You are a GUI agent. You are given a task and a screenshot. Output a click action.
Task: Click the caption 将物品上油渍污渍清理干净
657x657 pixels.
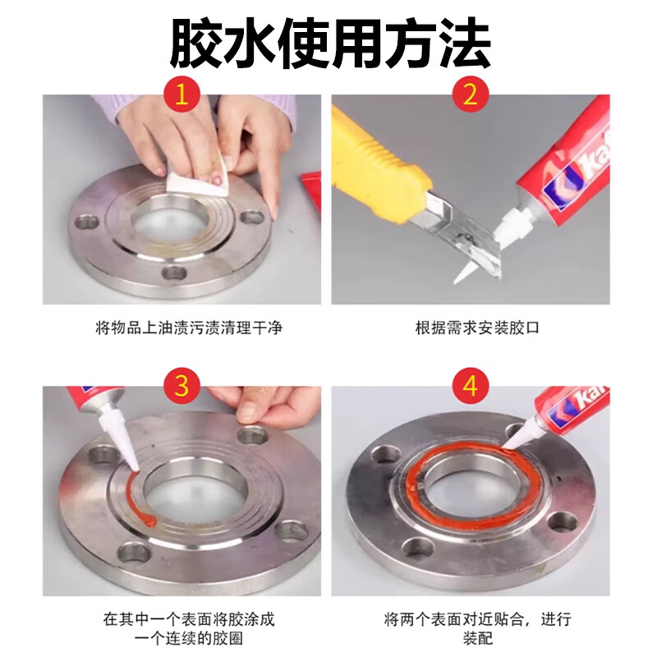coord(182,328)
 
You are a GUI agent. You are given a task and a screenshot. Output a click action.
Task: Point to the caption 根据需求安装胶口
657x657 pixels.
coord(471,328)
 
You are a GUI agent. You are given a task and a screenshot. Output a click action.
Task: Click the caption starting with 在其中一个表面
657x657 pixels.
coord(182,628)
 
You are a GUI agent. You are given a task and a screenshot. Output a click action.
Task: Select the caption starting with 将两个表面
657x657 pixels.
coord(471,628)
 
